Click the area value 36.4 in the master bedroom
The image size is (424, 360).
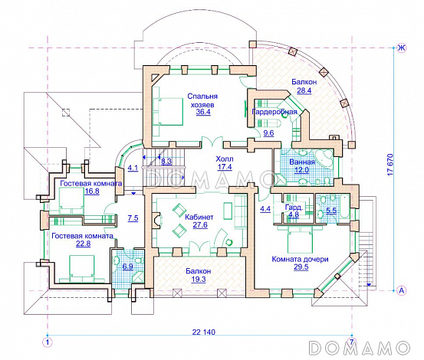pos(203,112)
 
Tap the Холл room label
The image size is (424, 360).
pos(225,159)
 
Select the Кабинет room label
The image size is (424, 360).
pos(199,217)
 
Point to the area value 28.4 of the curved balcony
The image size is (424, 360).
pos(304,90)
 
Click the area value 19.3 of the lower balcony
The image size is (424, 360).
pos(199,280)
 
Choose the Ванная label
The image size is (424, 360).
pos(302,162)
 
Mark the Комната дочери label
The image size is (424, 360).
pos(300,259)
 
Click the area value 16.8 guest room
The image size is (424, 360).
pos(92,191)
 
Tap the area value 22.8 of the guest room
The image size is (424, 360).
pos(84,244)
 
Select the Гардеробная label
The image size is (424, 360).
pos(274,112)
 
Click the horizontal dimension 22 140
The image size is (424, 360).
pos(204,332)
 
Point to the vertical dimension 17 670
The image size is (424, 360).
pos(390,165)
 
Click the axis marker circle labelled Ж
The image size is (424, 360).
pos(402,48)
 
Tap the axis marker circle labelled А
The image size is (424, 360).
pos(402,290)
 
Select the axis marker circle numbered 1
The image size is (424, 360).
pos(48,342)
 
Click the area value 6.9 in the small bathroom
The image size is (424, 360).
pos(127,267)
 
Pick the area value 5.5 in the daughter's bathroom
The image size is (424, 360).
pos(331,211)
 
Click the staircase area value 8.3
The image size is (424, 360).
pos(166,162)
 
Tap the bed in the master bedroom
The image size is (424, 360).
pos(168,111)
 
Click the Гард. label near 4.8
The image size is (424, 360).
pos(294,208)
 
